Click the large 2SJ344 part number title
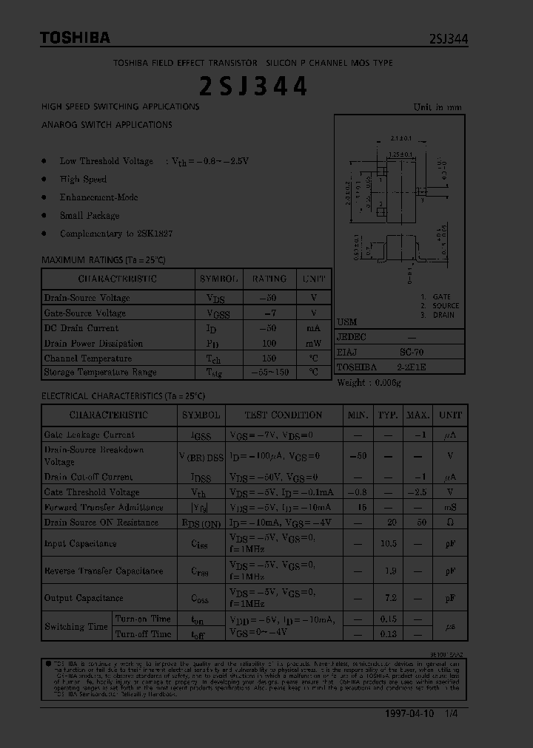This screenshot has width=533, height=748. (253, 86)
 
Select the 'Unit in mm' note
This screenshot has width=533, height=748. (438, 107)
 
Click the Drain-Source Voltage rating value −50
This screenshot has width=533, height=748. (269, 298)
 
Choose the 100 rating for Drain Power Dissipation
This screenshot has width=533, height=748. (269, 343)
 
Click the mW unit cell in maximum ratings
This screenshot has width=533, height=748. (314, 343)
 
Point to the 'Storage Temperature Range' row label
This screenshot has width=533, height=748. (100, 373)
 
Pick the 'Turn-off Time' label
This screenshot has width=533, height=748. (143, 634)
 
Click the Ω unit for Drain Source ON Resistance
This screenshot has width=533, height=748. (450, 523)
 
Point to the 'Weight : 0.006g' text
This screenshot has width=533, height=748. (369, 382)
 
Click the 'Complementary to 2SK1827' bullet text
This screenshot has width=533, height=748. (116, 234)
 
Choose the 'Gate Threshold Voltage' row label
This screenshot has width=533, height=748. (92, 492)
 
